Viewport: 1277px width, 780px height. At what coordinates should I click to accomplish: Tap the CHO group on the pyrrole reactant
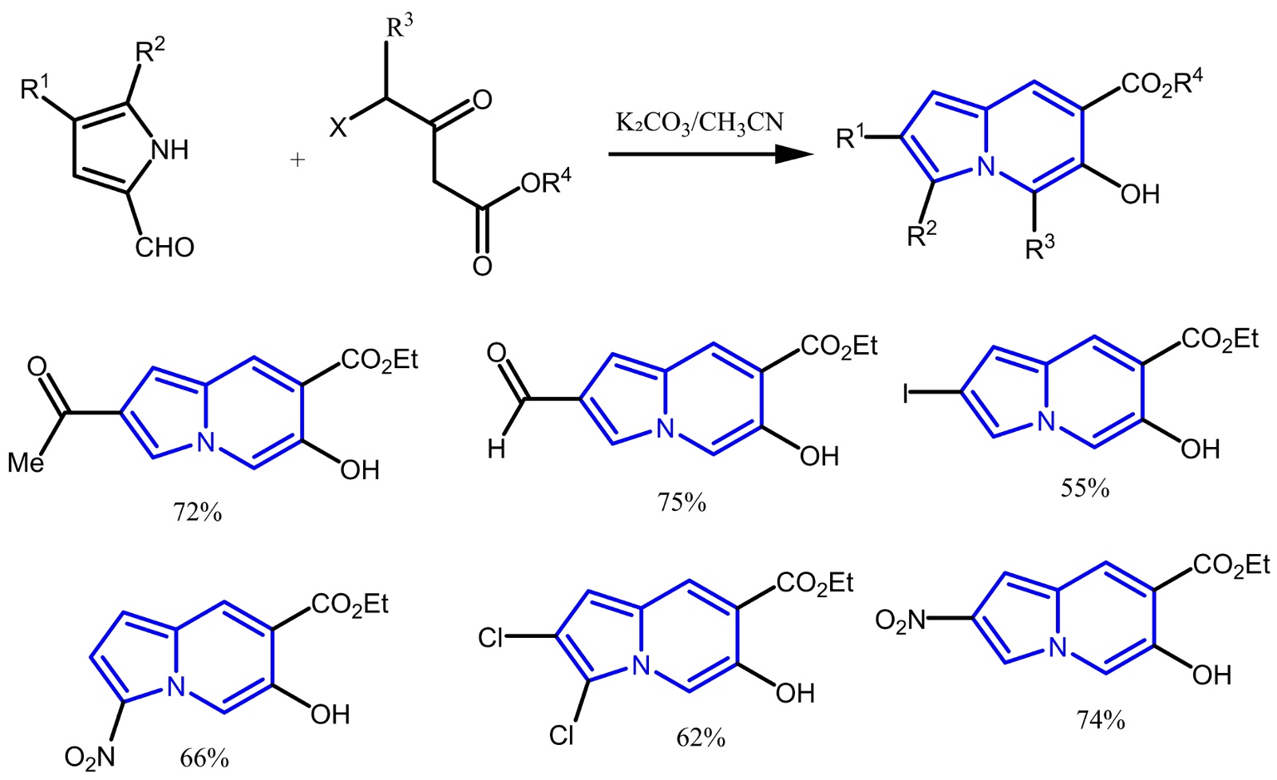[x=164, y=247]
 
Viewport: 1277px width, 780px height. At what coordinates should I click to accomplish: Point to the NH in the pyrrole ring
[x=170, y=149]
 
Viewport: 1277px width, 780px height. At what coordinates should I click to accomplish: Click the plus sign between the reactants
[x=297, y=160]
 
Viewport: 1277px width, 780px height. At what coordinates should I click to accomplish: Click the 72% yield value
[x=197, y=512]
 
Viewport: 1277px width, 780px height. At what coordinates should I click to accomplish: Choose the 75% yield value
[x=682, y=502]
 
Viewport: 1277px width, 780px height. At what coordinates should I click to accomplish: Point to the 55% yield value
[x=1085, y=488]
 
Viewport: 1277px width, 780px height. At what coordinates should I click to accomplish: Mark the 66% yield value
[x=204, y=758]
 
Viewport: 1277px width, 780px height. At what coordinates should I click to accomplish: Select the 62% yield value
[x=701, y=738]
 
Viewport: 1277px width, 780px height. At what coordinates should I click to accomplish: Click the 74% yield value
[x=1101, y=720]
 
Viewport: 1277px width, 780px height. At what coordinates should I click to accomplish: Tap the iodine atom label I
[x=906, y=394]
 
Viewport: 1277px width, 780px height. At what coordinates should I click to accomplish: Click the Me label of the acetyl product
[x=26, y=462]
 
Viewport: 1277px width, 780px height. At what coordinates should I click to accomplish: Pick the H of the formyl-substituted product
[x=496, y=450]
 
